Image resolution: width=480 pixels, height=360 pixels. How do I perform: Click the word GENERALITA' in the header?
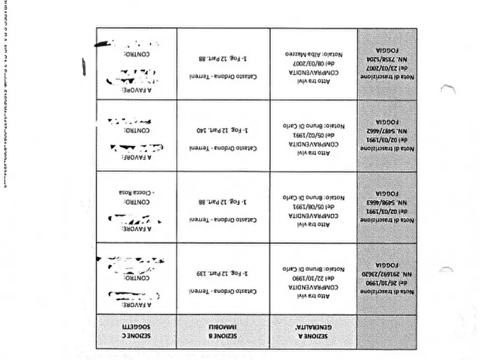314,326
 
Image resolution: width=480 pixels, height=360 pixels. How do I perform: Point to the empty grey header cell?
387,331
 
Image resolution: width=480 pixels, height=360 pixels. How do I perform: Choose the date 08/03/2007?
313,62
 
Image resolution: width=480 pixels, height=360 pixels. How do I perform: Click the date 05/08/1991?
313,206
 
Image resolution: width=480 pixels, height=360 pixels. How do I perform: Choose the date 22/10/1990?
313,278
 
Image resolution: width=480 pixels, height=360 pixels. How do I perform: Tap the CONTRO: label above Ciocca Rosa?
137,202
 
